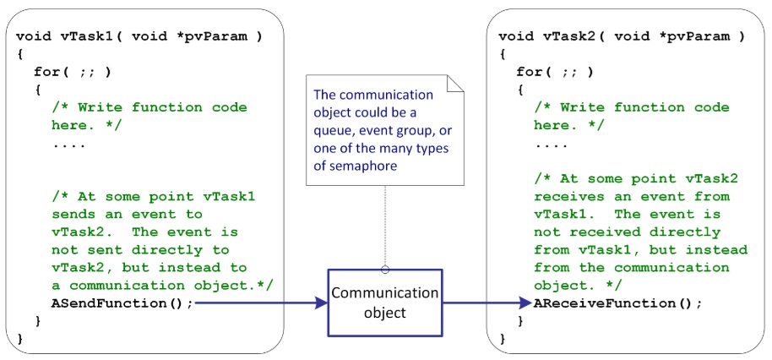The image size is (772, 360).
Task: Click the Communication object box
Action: point(384,302)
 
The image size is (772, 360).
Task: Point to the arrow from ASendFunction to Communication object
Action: point(262,302)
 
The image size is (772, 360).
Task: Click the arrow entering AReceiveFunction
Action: point(486,302)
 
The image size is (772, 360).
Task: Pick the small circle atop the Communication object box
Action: point(385,270)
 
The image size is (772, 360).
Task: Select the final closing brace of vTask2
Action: point(503,339)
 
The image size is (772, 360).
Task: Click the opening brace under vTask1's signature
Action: point(20,53)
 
